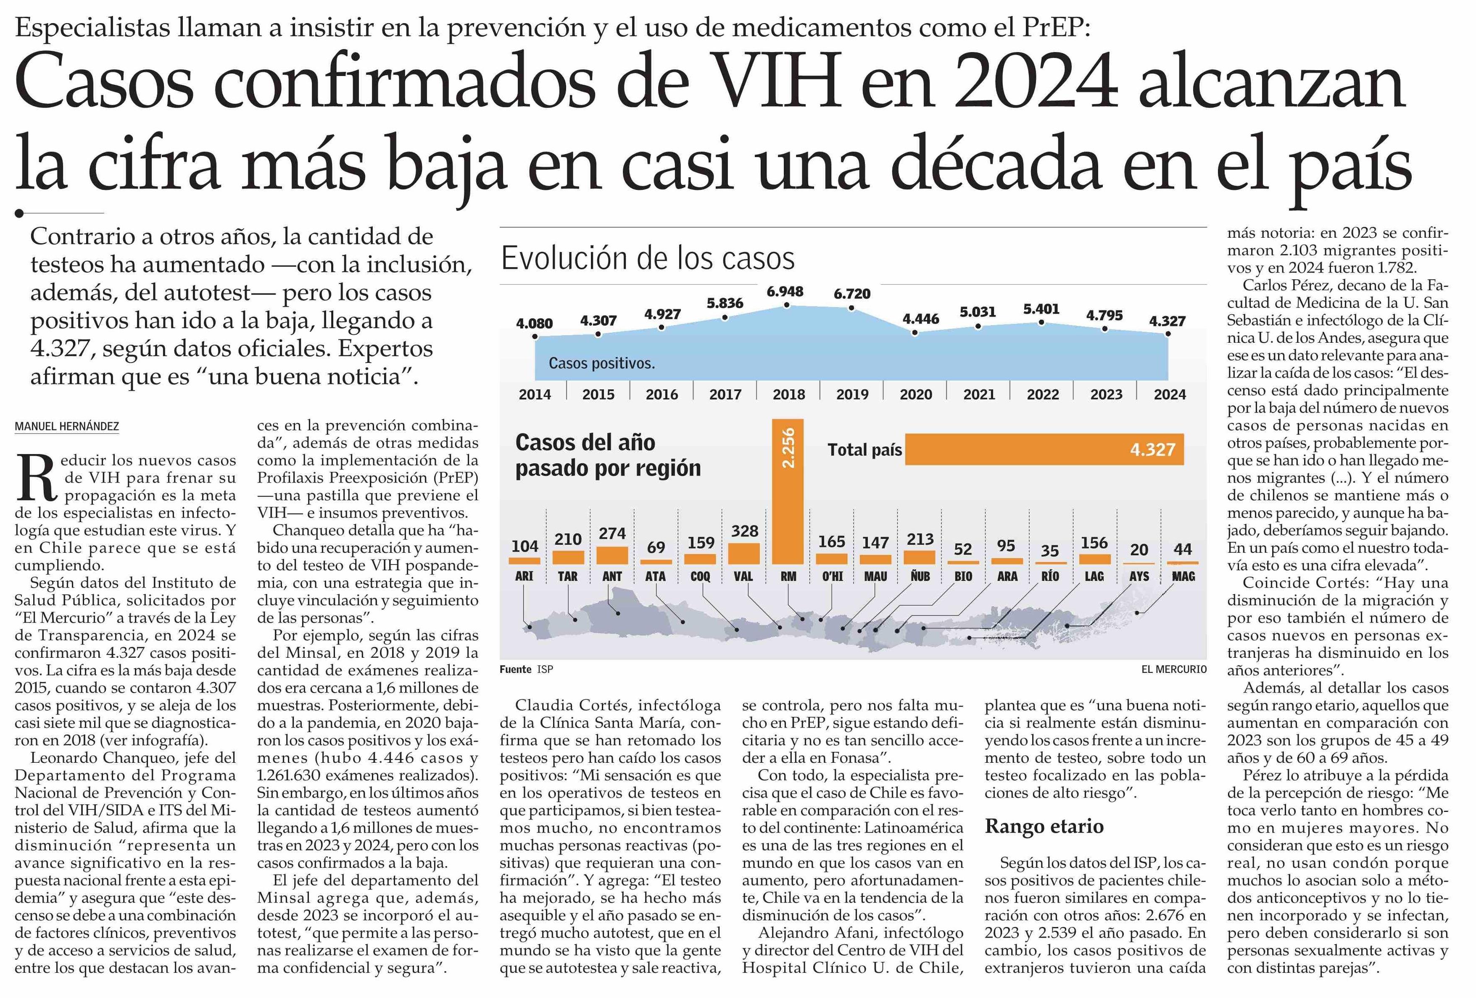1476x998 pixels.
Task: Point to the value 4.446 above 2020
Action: [x=920, y=319]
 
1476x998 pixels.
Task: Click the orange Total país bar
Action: [x=1044, y=449]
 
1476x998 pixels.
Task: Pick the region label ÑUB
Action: [x=919, y=576]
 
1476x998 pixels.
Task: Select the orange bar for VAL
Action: [x=744, y=554]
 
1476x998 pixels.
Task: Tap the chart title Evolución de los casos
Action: [x=647, y=258]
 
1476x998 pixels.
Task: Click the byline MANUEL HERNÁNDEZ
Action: [x=67, y=427]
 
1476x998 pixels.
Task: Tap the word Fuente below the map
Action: [x=515, y=669]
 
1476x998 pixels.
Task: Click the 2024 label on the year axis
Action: [x=1169, y=394]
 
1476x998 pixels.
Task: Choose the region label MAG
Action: [x=1183, y=576]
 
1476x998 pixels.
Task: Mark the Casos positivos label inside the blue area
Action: [x=601, y=364]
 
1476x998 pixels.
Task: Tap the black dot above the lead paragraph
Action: [x=20, y=213]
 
